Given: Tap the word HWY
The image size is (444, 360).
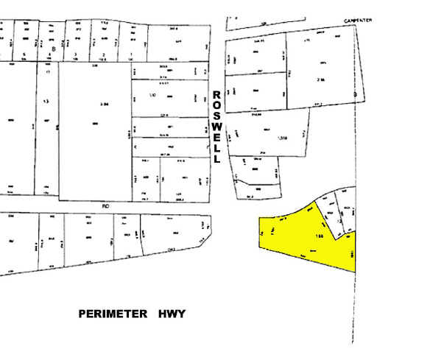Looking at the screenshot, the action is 172,315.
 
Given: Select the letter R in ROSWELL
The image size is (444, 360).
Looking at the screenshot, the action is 217,95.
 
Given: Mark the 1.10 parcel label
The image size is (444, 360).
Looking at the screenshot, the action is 152,96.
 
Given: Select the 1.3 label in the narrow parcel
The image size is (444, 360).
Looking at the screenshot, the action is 46,102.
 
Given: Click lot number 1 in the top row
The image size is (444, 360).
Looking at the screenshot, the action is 130,56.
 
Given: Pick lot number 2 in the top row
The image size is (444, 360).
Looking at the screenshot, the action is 104,56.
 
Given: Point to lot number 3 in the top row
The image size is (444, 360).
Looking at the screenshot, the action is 77,56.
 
